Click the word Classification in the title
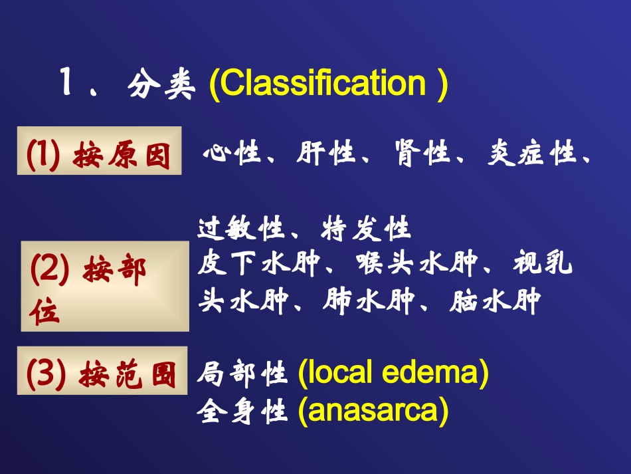tap(323, 83)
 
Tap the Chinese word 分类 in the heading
tap(161, 84)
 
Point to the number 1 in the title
tap(66, 82)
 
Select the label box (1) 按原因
tap(100, 151)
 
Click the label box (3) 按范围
tap(102, 370)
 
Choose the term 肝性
tap(326, 153)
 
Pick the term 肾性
tap(422, 153)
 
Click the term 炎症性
tap(531, 153)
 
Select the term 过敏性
tap(242, 228)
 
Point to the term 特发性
tap(366, 228)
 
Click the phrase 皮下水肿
tap(258, 263)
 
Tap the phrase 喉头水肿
tap(417, 263)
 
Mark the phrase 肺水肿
tap(369, 301)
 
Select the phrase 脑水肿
tap(495, 301)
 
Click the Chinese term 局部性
tap(242, 374)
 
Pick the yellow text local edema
tap(393, 372)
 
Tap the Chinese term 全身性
tap(242, 411)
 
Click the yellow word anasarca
tap(373, 411)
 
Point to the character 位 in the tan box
tap(45, 312)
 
